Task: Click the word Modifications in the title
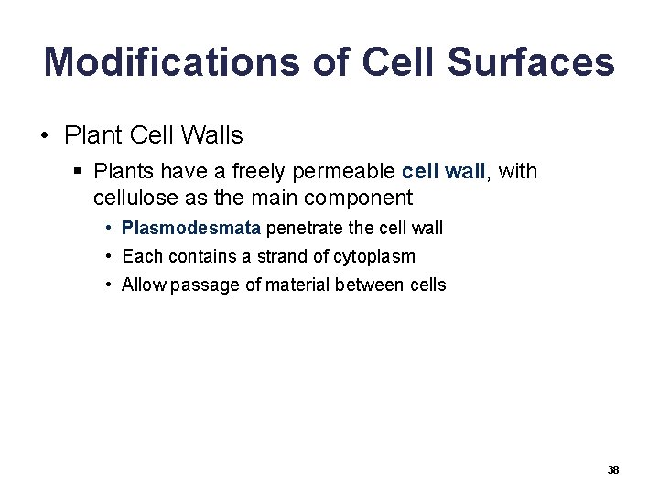(171, 62)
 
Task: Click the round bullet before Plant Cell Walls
(45, 137)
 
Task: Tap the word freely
(266, 172)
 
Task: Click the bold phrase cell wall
(443, 171)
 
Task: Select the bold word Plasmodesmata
(191, 228)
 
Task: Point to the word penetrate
(300, 228)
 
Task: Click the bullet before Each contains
(108, 256)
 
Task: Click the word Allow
(143, 285)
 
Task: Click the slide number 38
(612, 469)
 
